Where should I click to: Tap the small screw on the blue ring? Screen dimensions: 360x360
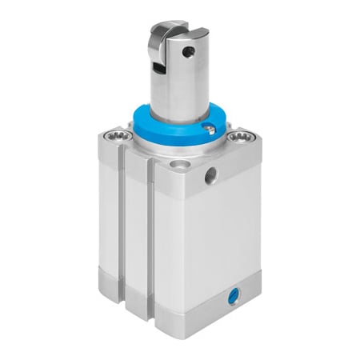209,129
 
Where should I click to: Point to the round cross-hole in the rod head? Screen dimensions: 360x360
190,52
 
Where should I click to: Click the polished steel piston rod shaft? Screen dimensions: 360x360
172,92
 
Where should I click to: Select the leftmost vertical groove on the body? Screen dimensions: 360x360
121,216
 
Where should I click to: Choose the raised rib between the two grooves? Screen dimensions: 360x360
135,224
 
